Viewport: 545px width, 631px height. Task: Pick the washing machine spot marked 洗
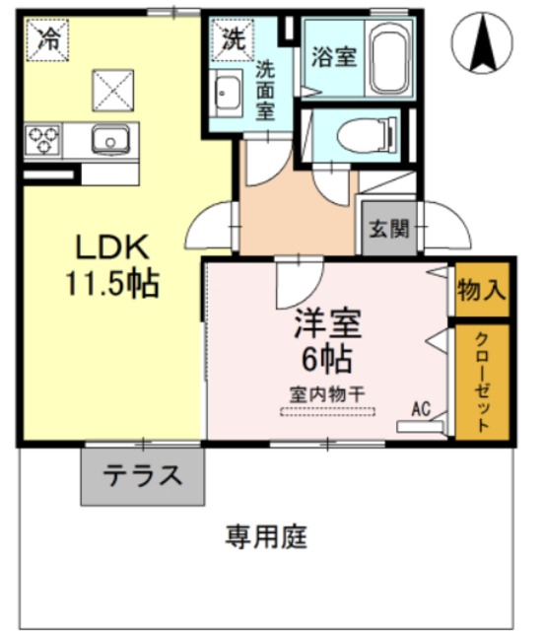pyautogui.click(x=232, y=41)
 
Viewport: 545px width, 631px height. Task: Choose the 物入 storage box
pyautogui.click(x=482, y=290)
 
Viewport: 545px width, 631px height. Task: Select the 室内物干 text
pyautogui.click(x=327, y=391)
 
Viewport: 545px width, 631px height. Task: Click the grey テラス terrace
pyautogui.click(x=143, y=475)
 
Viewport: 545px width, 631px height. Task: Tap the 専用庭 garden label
pyautogui.click(x=267, y=537)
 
